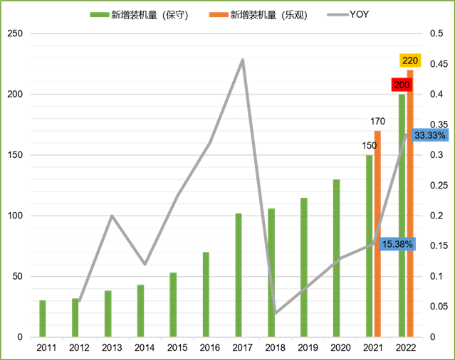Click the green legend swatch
point(100,14)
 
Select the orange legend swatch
point(219,14)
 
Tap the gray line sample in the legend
point(338,14)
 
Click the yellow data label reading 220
point(410,60)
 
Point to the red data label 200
point(402,85)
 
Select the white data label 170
point(377,121)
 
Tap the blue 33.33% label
point(430,135)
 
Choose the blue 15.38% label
point(397,244)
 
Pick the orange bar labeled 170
point(377,235)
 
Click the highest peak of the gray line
point(243,60)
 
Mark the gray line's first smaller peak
point(112,216)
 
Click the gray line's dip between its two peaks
point(145,264)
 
